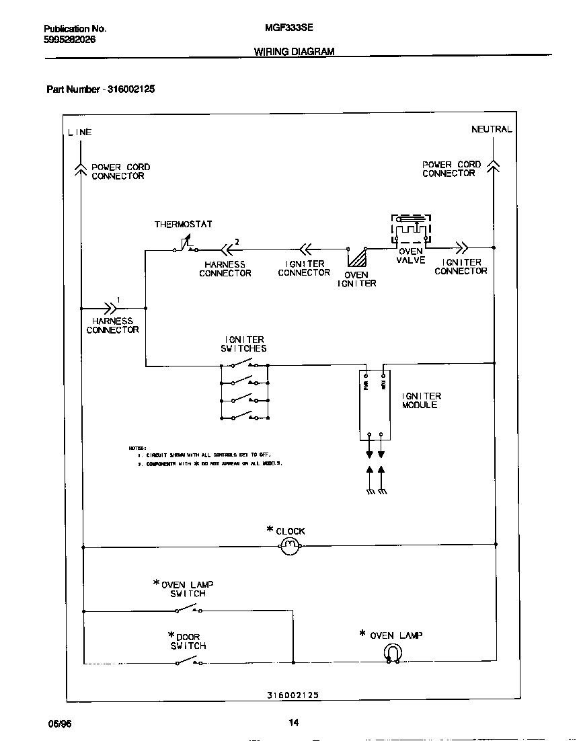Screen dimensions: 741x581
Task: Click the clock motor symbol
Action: tap(290, 546)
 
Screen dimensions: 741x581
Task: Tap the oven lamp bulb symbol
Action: tap(392, 652)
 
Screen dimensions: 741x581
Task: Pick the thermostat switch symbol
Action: tap(185, 246)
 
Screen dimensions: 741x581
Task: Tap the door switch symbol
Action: tap(188, 662)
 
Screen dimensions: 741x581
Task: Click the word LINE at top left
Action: tap(79, 132)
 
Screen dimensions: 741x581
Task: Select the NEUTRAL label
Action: tap(492, 129)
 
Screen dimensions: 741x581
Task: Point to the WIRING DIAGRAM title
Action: tap(294, 52)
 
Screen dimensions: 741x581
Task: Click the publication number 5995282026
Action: tap(69, 40)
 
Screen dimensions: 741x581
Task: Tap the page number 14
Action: tap(293, 723)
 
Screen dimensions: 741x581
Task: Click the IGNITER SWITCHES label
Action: tap(243, 344)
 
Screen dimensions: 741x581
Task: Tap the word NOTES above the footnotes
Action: tap(138, 448)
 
